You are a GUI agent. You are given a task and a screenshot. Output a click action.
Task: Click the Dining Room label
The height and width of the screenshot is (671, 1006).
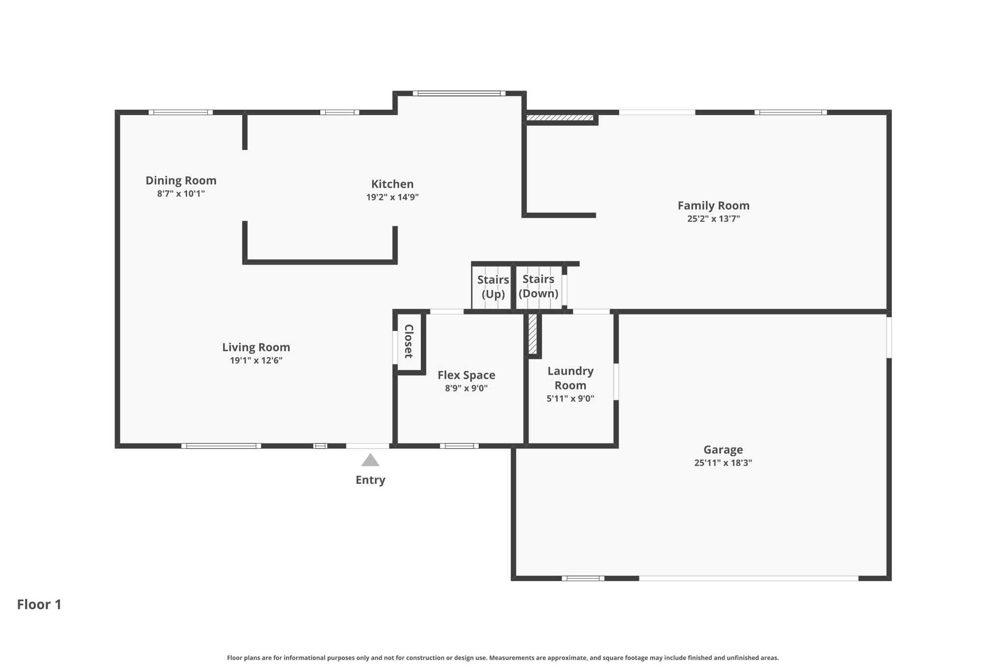(181, 180)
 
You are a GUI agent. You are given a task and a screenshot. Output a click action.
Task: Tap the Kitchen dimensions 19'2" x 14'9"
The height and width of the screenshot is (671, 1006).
(392, 197)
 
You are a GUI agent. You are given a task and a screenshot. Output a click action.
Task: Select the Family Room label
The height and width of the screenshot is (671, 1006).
(713, 205)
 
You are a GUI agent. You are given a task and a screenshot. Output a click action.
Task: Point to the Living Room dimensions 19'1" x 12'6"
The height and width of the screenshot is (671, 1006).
(256, 360)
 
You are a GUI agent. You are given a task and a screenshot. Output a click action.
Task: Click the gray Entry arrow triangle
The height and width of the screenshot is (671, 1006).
(370, 460)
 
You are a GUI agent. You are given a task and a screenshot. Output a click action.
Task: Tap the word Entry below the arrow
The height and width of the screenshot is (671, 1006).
(370, 480)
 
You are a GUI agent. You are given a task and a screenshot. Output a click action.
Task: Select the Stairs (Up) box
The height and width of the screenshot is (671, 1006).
(492, 287)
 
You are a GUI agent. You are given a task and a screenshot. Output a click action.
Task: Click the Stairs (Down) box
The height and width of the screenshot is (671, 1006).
(539, 287)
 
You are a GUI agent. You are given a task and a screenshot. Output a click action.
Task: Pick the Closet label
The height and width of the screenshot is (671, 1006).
(409, 341)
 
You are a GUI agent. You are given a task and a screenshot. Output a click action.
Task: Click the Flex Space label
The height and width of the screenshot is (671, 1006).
(466, 375)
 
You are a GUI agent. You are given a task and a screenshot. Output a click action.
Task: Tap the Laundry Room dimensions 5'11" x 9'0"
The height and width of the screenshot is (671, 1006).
(570, 399)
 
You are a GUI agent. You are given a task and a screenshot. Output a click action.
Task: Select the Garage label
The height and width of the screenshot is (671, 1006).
(723, 449)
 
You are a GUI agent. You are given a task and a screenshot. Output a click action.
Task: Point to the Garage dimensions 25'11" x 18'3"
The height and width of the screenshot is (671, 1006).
(723, 463)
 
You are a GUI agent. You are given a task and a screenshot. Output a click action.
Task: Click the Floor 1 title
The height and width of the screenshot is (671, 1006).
(39, 604)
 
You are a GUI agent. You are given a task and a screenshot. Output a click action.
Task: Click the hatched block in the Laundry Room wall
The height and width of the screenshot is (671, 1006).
(532, 334)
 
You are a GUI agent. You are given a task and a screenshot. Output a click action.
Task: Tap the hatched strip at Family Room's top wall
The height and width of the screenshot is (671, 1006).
(560, 117)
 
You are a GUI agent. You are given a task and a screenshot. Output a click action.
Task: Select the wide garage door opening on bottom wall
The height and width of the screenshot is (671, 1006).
(749, 578)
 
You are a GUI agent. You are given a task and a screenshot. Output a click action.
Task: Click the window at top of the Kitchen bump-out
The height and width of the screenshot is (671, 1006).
(459, 93)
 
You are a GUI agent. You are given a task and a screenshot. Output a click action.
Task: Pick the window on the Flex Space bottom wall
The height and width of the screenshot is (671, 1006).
(459, 446)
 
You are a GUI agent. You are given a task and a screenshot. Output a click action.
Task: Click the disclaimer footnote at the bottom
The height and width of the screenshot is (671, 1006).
(503, 658)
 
